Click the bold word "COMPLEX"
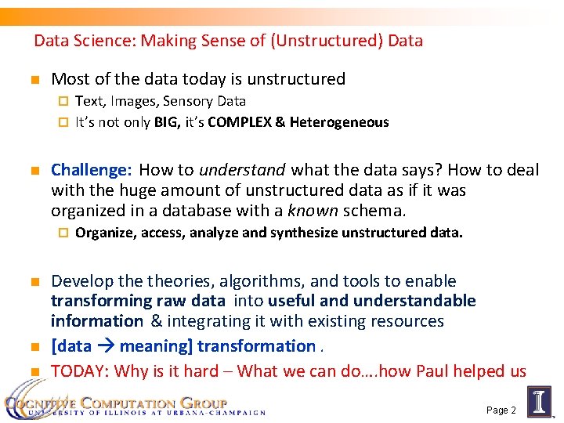point(238,122)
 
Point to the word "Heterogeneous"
point(339,122)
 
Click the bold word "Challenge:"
point(91,170)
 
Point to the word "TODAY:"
point(78,371)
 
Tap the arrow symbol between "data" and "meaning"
point(107,346)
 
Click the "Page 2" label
point(501,410)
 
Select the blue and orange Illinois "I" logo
point(540,401)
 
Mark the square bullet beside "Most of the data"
point(34,80)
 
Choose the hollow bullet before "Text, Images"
point(64,102)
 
